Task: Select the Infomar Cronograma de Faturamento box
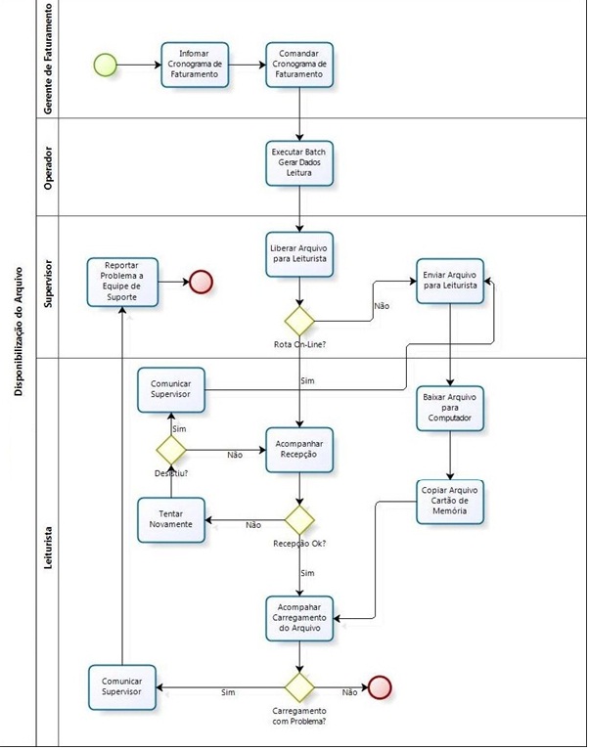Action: pos(196,65)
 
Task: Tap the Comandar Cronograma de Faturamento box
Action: pos(299,65)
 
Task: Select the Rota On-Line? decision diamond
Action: pos(299,320)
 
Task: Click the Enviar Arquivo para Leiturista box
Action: pos(450,280)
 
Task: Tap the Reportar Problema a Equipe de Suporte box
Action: pos(121,282)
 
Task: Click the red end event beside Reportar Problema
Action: pos(202,283)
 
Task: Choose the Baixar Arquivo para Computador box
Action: pos(450,409)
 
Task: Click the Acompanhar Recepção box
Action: pos(299,450)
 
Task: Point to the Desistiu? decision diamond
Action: pos(171,450)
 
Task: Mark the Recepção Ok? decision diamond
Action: pos(299,518)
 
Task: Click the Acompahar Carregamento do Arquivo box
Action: pos(299,618)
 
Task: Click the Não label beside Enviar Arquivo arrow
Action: pos(382,306)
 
